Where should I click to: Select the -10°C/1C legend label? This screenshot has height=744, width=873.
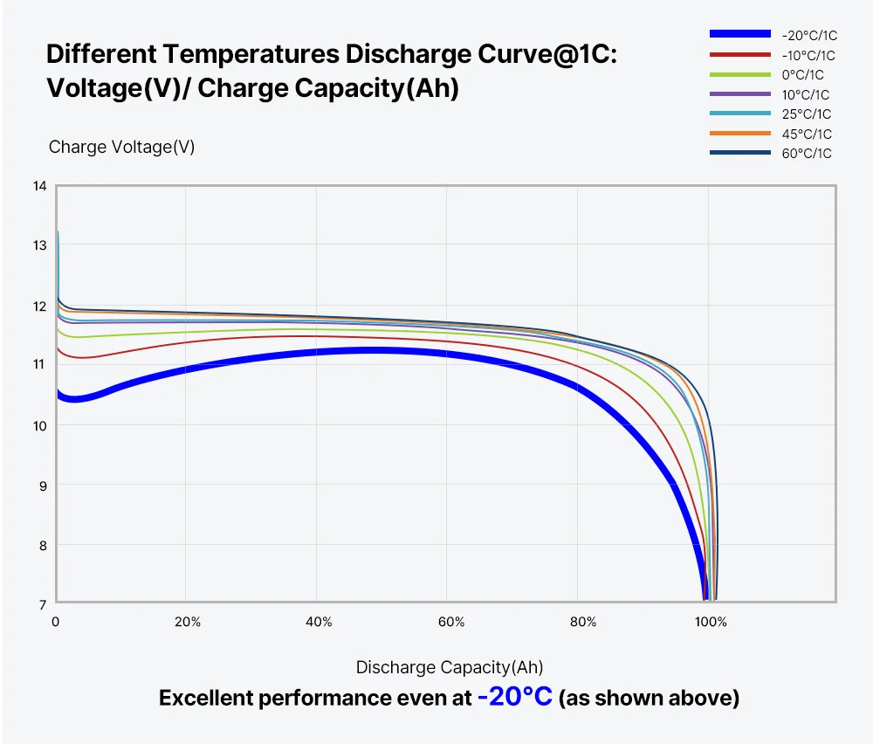tap(807, 55)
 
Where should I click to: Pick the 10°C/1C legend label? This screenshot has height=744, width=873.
tap(807, 94)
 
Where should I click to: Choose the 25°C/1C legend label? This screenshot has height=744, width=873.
tap(807, 114)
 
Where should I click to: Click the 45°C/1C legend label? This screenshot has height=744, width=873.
tap(807, 134)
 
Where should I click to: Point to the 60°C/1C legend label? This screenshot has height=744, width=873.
tap(807, 154)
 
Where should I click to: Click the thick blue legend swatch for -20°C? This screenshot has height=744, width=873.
tap(739, 34)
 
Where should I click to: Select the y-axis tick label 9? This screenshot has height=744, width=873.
tap(41, 485)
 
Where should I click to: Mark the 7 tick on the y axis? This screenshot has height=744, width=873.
tap(41, 603)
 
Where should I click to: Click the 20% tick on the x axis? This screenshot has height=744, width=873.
tap(188, 622)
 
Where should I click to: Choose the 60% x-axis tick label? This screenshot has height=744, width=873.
tap(451, 622)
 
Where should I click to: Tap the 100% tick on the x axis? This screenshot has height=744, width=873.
tap(711, 622)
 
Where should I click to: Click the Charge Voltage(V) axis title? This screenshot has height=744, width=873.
tap(121, 147)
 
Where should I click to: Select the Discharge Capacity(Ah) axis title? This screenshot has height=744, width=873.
tap(449, 668)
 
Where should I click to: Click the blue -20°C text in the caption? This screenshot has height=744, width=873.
tap(514, 698)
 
